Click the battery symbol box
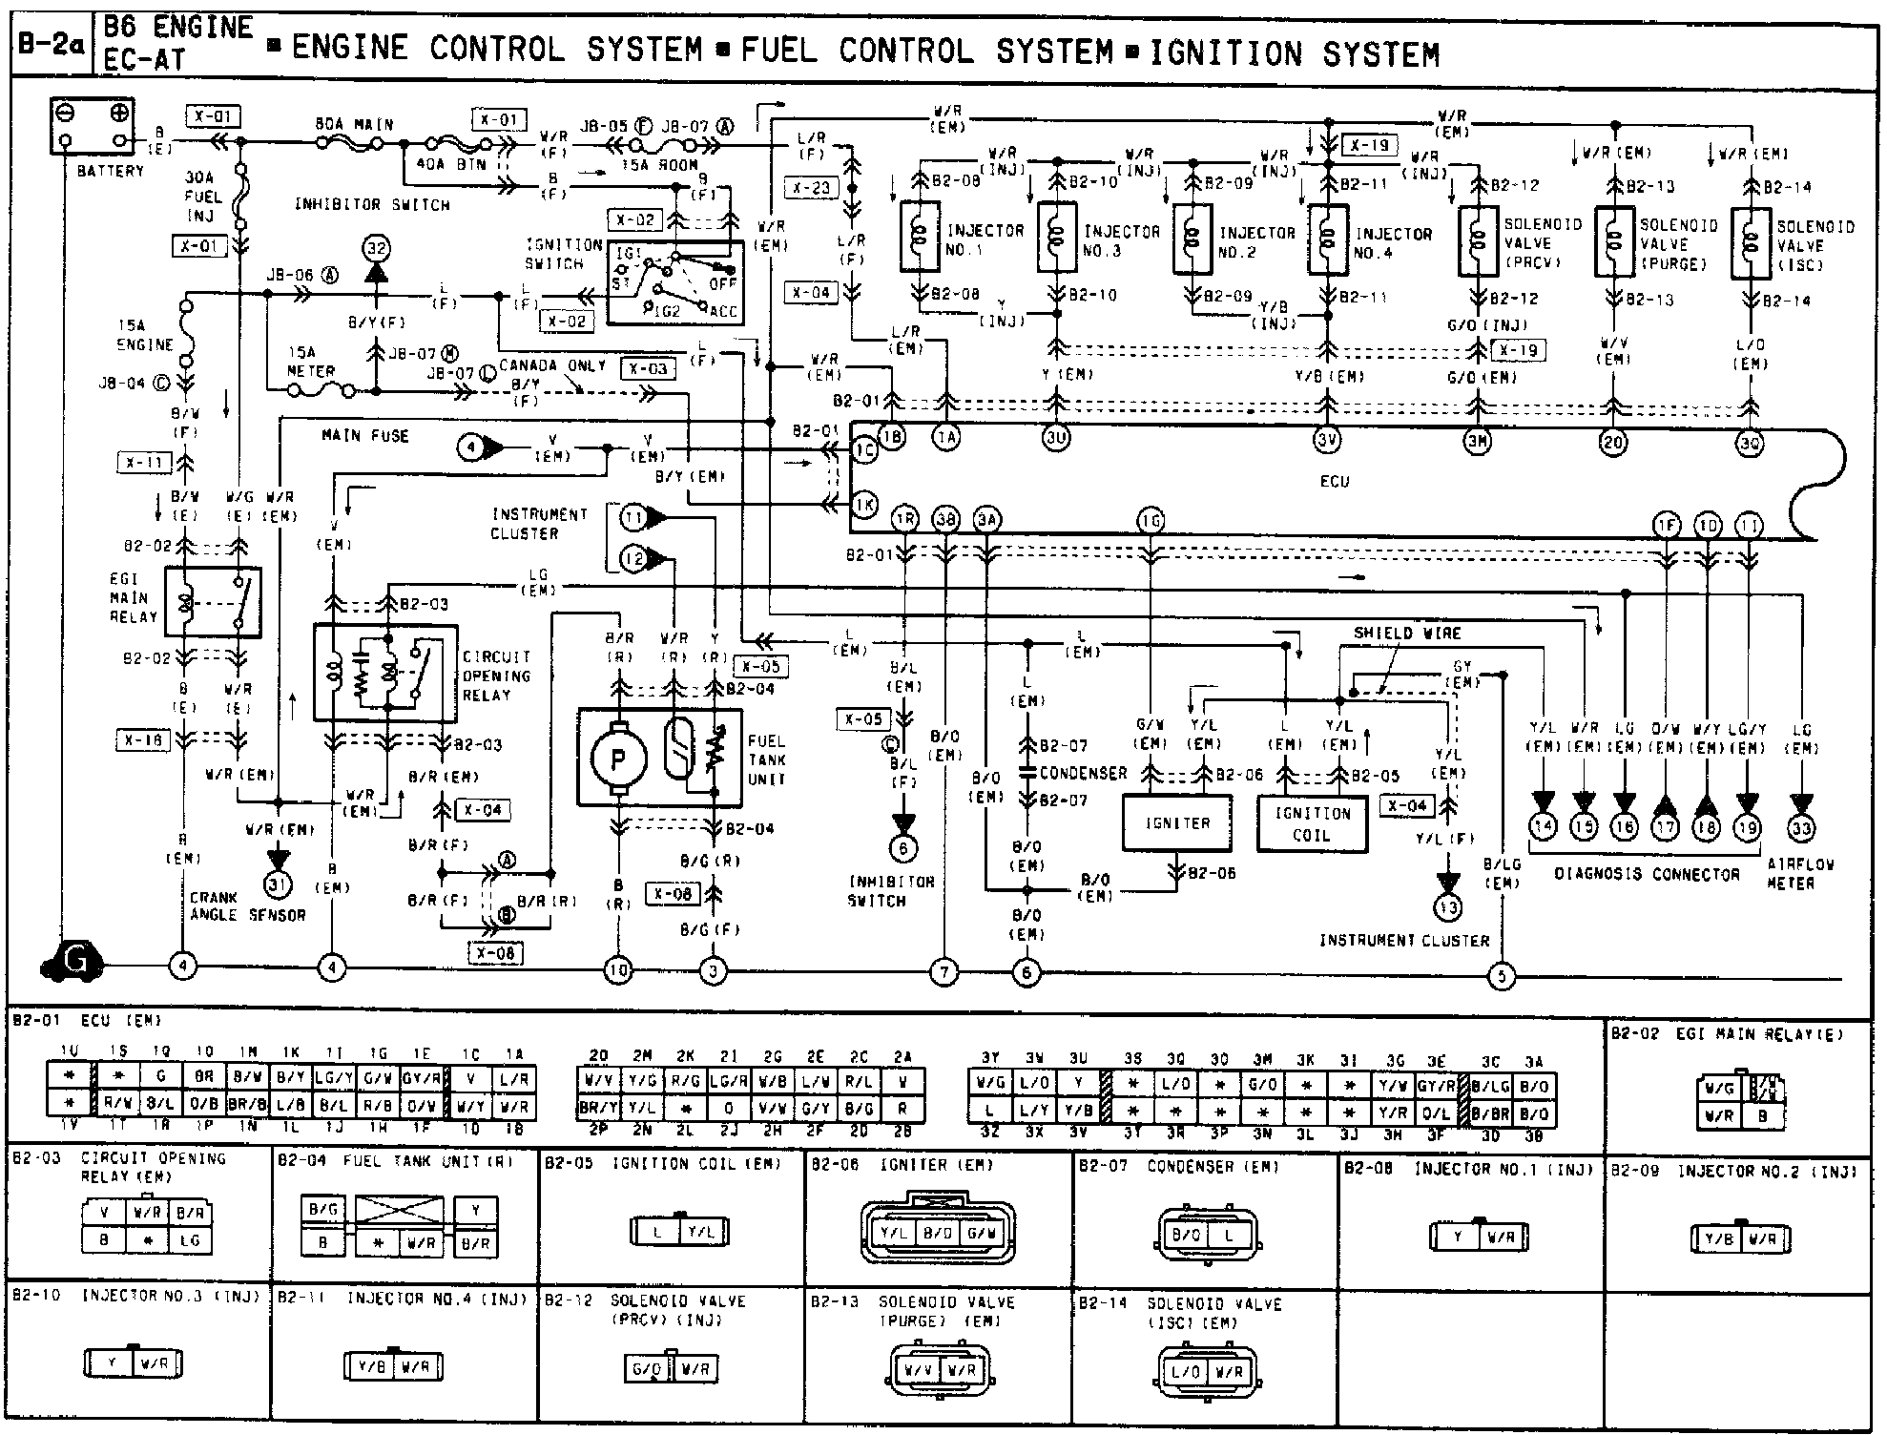click(x=92, y=127)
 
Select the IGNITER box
click(x=1177, y=822)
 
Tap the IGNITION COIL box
click(x=1312, y=823)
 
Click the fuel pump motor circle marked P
click(x=618, y=758)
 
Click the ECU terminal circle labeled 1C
click(x=864, y=452)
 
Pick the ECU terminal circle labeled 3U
click(x=1055, y=438)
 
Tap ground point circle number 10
click(x=618, y=970)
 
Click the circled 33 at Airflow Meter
click(x=1801, y=828)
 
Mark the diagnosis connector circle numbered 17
click(x=1665, y=827)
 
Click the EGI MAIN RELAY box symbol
click(x=212, y=602)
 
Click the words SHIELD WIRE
click(x=1407, y=633)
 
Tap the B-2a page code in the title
click(x=52, y=46)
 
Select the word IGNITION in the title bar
click(x=1225, y=54)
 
